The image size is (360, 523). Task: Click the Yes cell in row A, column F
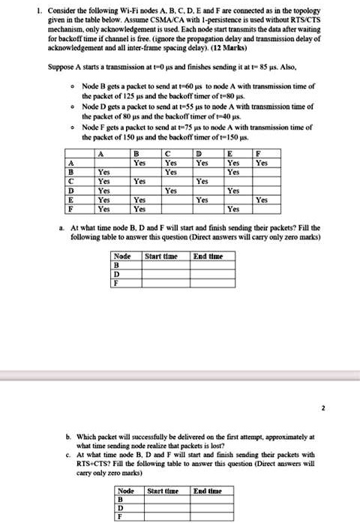pyautogui.click(x=262, y=162)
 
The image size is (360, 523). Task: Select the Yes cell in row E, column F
pyautogui.click(x=262, y=200)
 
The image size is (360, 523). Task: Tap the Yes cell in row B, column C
pyautogui.click(x=171, y=172)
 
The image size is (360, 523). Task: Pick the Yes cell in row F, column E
pyautogui.click(x=233, y=209)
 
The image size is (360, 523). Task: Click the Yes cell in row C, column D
pyautogui.click(x=202, y=181)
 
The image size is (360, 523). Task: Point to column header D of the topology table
pyautogui.click(x=202, y=153)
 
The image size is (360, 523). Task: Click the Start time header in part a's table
pyautogui.click(x=161, y=256)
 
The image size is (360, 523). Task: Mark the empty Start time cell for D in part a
pyautogui.click(x=161, y=274)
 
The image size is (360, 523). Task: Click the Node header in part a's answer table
pyautogui.click(x=121, y=256)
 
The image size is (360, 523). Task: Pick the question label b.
pyautogui.click(x=70, y=435)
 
